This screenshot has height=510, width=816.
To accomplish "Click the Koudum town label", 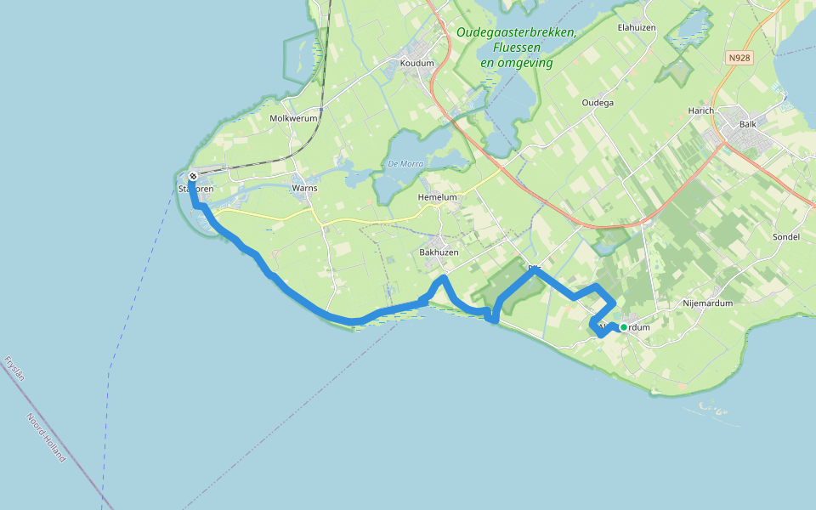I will (x=416, y=63).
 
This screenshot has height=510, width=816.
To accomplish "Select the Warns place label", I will (x=303, y=187).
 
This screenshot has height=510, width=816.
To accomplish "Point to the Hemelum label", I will (x=437, y=197).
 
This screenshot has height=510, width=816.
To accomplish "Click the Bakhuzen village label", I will (x=439, y=252).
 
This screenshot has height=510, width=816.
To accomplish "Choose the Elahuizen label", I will (x=636, y=27).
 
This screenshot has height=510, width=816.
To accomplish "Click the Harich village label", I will (x=701, y=111).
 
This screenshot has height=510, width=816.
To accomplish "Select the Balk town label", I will (x=748, y=124).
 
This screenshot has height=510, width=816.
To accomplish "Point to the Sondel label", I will (x=786, y=237).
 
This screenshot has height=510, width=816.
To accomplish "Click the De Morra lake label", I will (x=404, y=163).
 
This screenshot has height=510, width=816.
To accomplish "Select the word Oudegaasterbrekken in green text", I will (x=515, y=32).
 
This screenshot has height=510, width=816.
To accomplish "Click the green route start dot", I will (x=623, y=327).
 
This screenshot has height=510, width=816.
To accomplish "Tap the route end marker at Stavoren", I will (x=193, y=177).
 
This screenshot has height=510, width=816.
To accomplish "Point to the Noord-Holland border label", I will (x=45, y=437).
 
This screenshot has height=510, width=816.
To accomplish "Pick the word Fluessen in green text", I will (x=516, y=48).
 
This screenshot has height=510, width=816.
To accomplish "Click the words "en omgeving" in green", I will (x=516, y=63).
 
